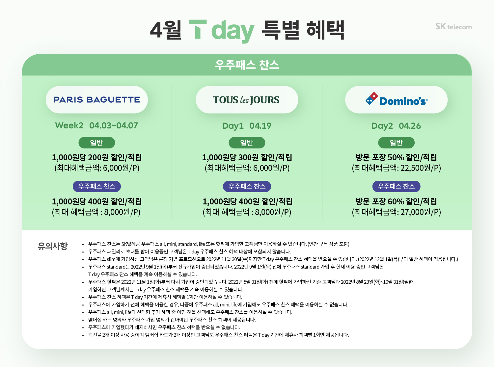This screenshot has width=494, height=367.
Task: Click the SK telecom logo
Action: pos(453,27)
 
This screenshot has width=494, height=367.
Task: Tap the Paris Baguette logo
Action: pos(96,100)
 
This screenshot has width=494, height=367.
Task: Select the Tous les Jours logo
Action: pos(246,100)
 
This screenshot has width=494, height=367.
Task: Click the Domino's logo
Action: pos(396,100)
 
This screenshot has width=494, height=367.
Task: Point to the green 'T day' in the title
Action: pos(221,31)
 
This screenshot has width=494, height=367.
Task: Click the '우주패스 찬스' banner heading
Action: pos(247,65)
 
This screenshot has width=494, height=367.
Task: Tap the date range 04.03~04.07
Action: pos(114,125)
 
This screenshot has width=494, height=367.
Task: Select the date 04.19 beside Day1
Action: pos(260,126)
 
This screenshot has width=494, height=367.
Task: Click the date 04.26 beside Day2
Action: pos(410,126)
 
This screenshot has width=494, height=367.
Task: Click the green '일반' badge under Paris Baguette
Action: pos(96,143)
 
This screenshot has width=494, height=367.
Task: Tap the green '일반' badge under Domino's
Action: pos(396,143)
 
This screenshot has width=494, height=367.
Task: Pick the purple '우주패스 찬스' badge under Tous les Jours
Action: pos(247,186)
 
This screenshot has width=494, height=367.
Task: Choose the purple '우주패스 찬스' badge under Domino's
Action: pos(396,186)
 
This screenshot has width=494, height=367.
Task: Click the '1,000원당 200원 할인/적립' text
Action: pos(97,157)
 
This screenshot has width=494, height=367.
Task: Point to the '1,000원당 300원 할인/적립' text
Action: pos(247,157)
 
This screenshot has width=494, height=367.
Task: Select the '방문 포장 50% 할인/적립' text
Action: pos(396,157)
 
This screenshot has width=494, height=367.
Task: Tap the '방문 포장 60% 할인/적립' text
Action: pos(396,201)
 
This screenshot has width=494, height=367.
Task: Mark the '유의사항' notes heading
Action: pos(53,246)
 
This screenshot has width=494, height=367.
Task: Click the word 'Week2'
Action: pos(69,125)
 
